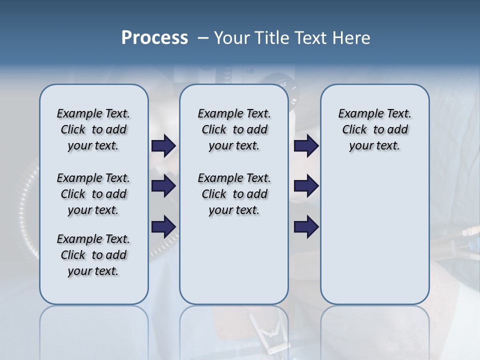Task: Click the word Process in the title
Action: click(x=154, y=37)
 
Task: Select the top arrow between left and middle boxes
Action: click(x=163, y=145)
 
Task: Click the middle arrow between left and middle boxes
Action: click(x=163, y=186)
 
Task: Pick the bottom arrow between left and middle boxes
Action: click(x=163, y=227)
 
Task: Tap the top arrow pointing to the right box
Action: click(x=306, y=145)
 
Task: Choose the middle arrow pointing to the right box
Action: click(x=306, y=186)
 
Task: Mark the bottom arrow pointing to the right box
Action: click(x=306, y=227)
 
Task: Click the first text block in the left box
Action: click(x=93, y=129)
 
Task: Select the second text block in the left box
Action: click(x=93, y=194)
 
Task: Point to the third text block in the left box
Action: click(x=93, y=255)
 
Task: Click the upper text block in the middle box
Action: click(x=234, y=129)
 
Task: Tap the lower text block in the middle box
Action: click(x=234, y=194)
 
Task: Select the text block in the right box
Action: click(x=375, y=129)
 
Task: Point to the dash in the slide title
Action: click(x=203, y=37)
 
